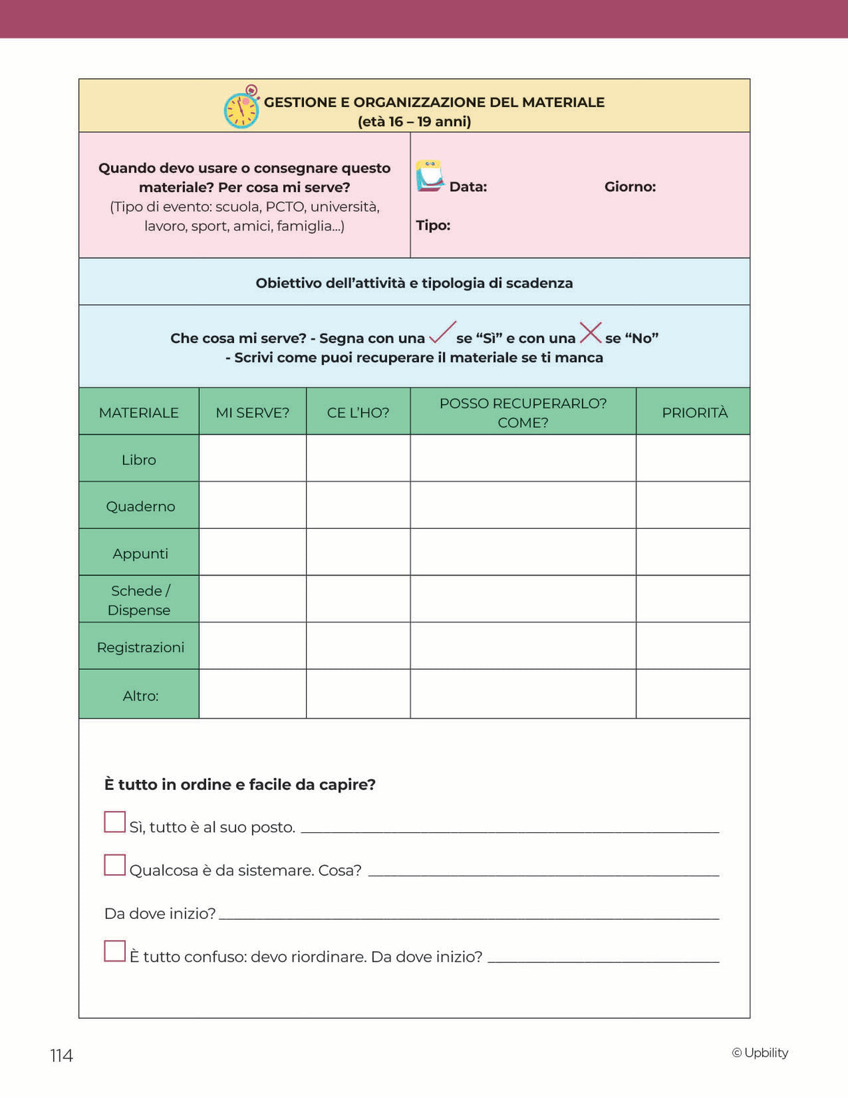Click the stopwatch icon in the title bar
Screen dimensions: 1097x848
click(242, 108)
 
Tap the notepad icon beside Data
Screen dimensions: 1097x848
click(430, 176)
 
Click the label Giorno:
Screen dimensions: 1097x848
click(629, 186)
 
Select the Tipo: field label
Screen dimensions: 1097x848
click(433, 225)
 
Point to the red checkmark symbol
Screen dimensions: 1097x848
click(442, 333)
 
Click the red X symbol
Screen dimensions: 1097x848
click(590, 332)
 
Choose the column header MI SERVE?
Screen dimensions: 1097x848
click(252, 412)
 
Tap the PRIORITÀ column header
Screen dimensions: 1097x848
click(694, 412)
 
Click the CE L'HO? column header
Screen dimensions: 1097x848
click(358, 412)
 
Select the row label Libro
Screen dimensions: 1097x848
click(139, 459)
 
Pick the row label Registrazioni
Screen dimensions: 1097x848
click(140, 647)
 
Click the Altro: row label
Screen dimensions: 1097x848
click(140, 695)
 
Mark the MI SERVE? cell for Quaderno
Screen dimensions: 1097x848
click(252, 505)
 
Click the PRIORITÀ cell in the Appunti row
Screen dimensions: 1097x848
click(693, 552)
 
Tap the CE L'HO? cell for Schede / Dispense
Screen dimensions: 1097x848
click(358, 599)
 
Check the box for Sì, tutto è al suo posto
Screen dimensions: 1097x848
click(115, 822)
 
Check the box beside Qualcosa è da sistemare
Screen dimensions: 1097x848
click(115, 865)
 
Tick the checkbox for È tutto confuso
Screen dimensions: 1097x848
click(115, 951)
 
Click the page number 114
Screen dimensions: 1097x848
click(61, 1055)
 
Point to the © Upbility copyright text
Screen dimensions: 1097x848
click(760, 1052)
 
